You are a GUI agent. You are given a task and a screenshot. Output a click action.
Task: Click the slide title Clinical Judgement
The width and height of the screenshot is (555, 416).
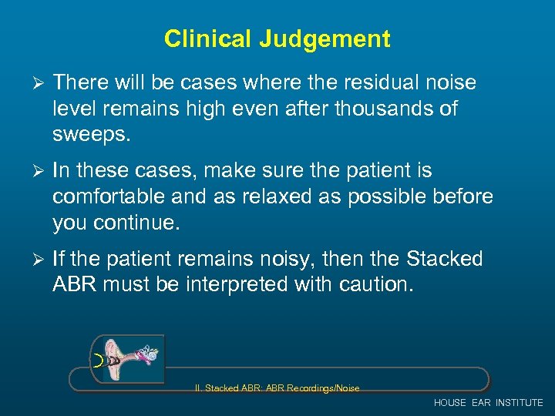click(277, 39)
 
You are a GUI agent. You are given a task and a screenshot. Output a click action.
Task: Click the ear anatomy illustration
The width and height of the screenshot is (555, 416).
click(127, 358)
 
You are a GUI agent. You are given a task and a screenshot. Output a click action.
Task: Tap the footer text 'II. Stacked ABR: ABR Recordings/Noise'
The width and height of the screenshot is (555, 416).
click(277, 388)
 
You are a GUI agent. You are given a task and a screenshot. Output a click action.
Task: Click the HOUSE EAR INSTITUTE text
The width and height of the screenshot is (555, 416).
click(488, 403)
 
